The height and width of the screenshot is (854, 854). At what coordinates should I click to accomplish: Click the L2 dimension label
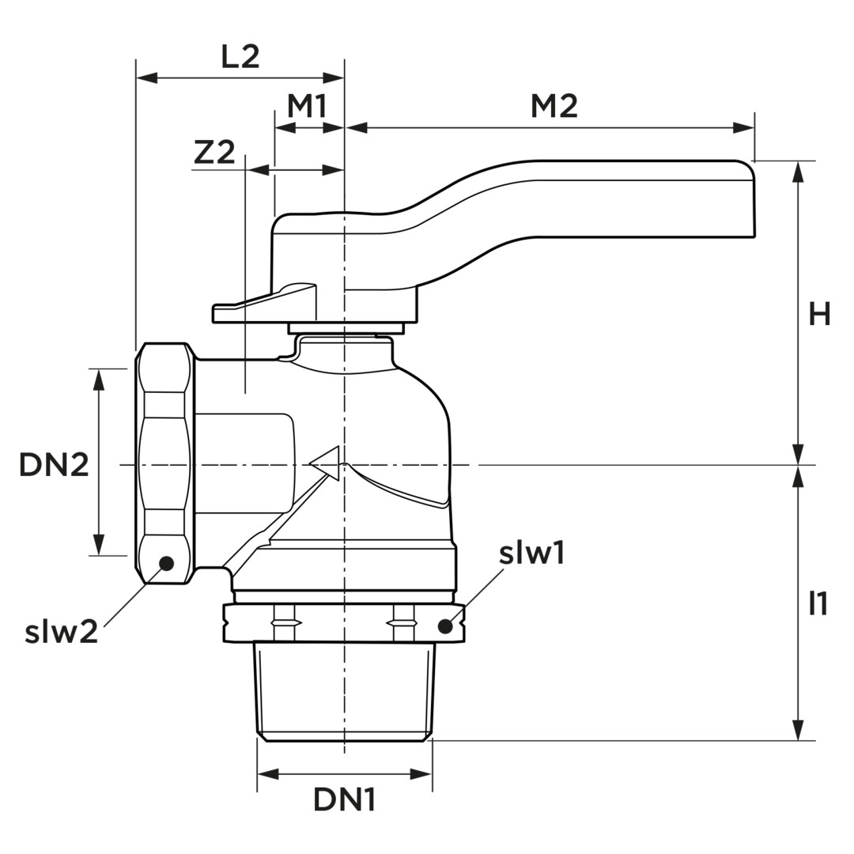(240, 57)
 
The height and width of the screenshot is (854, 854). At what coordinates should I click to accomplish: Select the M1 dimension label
(307, 105)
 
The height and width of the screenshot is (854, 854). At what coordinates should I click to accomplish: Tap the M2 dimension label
(554, 105)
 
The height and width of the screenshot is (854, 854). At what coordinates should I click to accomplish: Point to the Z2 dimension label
(214, 152)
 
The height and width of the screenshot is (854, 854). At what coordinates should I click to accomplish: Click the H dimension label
(818, 315)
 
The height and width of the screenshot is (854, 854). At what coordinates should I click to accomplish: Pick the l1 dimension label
(818, 604)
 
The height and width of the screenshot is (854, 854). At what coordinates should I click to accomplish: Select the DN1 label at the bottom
(344, 800)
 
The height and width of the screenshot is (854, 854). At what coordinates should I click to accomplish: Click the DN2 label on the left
(54, 465)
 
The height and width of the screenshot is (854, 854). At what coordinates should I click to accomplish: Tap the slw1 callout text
(531, 554)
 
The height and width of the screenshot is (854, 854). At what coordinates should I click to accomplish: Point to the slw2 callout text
(61, 632)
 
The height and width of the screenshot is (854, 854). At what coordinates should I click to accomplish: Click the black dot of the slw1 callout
(445, 626)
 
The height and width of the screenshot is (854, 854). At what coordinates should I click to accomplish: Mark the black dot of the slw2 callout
(166, 563)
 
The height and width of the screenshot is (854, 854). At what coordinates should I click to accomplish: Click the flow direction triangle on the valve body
(327, 463)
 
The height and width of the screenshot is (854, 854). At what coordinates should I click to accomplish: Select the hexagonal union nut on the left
(164, 463)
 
